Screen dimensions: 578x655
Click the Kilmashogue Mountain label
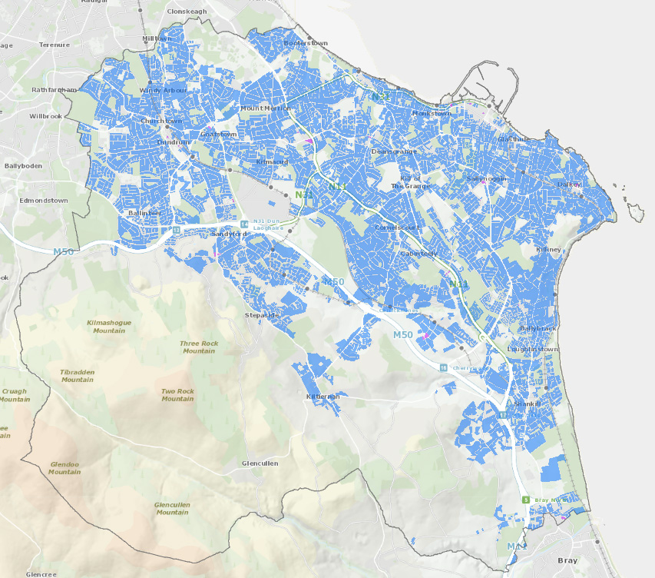pos(109,326)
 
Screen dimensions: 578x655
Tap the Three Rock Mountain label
pos(199,347)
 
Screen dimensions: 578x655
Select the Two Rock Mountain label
pos(177,394)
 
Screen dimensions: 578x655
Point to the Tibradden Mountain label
pos(78,375)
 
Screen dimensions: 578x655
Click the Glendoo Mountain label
pos(65,467)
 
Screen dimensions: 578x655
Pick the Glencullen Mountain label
pos(172,508)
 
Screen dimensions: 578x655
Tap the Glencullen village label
pos(260,463)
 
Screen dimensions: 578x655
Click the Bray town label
pos(567,561)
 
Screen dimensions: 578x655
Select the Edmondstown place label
pos(45,200)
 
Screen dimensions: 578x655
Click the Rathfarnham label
pos(55,90)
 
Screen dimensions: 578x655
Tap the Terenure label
pos(55,45)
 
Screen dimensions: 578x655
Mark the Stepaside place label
pos(261,315)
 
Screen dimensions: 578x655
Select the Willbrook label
pos(45,116)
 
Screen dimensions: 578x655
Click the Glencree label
pos(41,573)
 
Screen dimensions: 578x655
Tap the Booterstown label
pos(306,44)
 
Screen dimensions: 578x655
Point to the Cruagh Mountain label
pos(13,395)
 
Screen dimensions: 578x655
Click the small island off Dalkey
pos(634,211)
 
